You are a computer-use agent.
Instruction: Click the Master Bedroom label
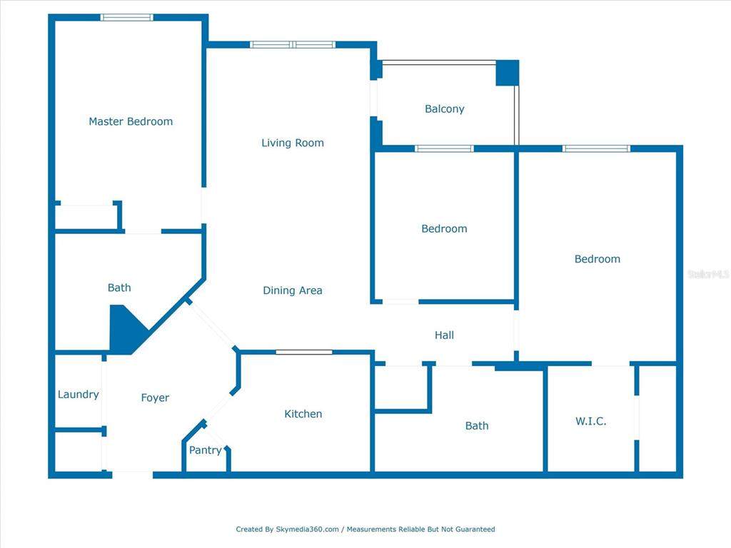131,121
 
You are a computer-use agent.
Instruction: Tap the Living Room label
292,143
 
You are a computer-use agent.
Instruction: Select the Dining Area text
292,291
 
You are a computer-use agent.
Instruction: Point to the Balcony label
444,109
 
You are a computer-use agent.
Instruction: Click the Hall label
444,335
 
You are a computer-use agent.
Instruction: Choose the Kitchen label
303,414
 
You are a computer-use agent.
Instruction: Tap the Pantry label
205,451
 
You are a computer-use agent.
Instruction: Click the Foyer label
155,398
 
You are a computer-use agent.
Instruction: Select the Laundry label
78,395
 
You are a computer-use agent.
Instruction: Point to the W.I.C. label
590,421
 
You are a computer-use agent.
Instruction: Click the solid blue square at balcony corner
508,73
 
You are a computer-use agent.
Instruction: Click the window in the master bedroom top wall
127,18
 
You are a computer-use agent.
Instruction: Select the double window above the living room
292,45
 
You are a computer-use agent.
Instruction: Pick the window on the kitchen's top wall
304,352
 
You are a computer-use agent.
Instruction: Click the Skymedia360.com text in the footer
307,529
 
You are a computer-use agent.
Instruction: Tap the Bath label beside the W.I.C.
476,426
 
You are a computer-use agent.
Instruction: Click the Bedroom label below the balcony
444,229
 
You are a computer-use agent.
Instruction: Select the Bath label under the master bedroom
119,288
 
